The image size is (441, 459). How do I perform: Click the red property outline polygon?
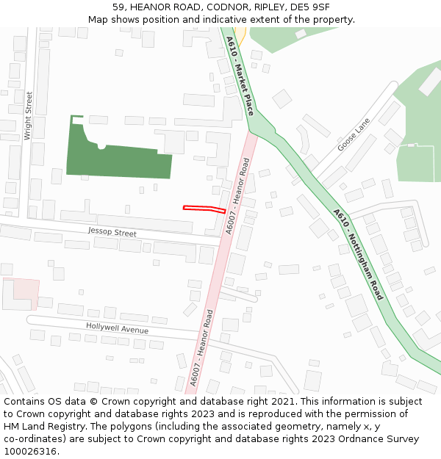(x=204, y=209)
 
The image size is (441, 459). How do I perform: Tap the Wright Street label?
(x=28, y=115)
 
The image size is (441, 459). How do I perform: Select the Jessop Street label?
(x=112, y=233)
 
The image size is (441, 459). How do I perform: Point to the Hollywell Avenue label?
(x=117, y=328)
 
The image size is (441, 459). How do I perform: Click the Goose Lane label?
(x=354, y=137)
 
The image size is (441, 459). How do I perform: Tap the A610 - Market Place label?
(x=240, y=76)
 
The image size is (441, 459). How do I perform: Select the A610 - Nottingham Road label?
(x=358, y=254)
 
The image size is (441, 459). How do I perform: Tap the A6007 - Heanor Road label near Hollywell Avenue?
(x=200, y=348)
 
